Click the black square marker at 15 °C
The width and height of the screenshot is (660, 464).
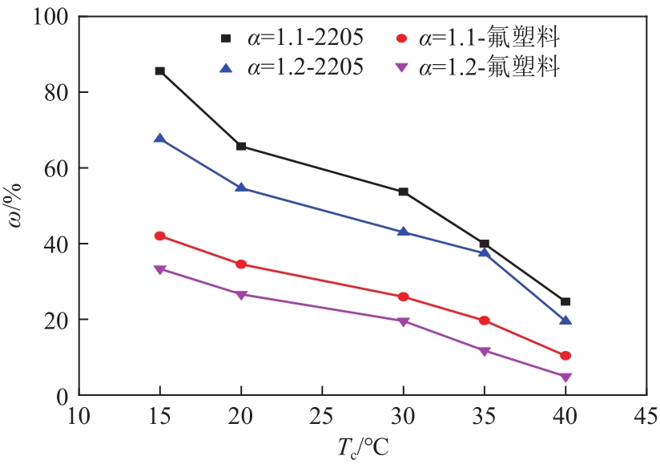coord(160,71)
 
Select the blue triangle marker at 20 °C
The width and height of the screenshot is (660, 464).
coord(241,188)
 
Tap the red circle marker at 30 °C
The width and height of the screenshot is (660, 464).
coord(403,297)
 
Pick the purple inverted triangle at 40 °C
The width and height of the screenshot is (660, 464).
coord(565,377)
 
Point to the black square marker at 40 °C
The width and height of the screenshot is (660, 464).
coord(565,301)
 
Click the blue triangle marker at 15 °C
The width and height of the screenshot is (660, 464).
coord(160,139)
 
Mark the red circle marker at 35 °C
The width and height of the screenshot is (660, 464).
coord(484,321)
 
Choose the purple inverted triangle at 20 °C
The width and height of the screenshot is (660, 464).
coord(241,294)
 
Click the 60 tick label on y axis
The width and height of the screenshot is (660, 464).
coord(56,168)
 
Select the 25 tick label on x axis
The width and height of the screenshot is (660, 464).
coord(322,417)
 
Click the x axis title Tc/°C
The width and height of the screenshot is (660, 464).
coord(362,447)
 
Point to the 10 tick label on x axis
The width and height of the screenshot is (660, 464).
coord(78,417)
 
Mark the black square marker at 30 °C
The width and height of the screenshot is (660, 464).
coord(403,192)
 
